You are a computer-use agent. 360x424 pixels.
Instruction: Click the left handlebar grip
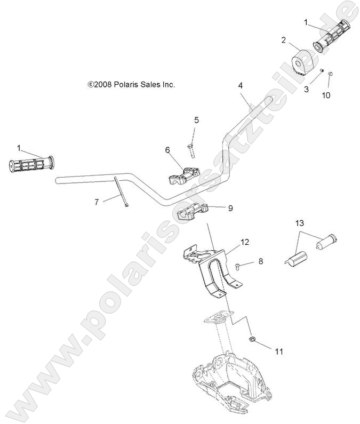(x=31, y=164)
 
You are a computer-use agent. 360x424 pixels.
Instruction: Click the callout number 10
(x=326, y=95)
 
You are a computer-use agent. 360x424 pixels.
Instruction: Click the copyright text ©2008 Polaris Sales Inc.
(x=131, y=84)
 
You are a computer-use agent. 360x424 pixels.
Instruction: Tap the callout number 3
(x=306, y=90)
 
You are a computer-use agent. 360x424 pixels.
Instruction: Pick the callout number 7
(x=97, y=202)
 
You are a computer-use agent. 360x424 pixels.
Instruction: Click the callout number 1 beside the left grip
(x=19, y=147)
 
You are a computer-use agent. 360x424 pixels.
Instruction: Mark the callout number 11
(x=263, y=351)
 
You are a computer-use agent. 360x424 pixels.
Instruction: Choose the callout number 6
(x=167, y=150)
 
